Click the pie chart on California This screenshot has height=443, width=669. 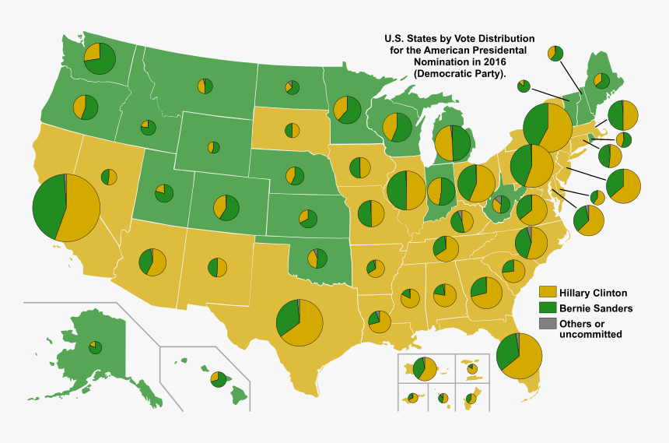pos(66,208)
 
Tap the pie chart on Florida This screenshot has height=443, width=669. pos(519,356)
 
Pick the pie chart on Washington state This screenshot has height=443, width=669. pos(100,58)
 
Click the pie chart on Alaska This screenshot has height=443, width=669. pos(95,347)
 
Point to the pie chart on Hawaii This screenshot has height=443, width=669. pos(219,379)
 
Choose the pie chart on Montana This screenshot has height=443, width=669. pos(205,86)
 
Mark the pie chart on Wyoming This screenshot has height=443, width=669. pos(212,147)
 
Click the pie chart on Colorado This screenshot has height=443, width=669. pos(226,208)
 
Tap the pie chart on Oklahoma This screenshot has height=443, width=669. pos(317,258)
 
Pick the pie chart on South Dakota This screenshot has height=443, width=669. pos(292,129)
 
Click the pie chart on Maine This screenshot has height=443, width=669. pos(601,80)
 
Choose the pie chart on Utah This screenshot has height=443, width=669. pos(163,192)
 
